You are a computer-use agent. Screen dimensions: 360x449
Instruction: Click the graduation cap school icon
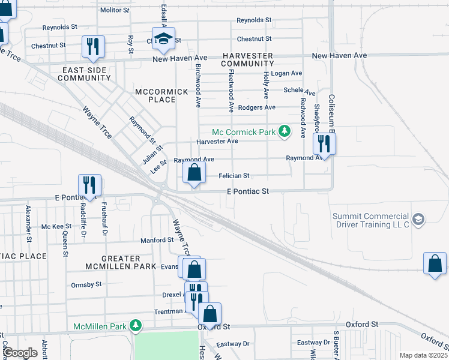(163, 39)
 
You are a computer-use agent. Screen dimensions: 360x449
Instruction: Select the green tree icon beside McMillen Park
(136, 326)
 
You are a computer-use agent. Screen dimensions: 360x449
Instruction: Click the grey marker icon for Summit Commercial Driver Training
(418, 219)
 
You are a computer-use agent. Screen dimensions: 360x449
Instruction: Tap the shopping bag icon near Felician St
(194, 173)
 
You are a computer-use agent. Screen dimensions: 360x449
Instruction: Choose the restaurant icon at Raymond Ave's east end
(324, 144)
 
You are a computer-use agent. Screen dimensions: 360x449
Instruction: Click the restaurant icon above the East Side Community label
(93, 47)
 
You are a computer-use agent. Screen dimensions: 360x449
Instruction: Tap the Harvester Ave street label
(217, 141)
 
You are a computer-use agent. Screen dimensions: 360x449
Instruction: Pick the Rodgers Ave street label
(257, 107)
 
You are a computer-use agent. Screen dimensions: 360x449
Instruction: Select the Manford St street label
(157, 240)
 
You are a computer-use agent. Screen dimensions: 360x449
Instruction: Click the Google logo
(20, 353)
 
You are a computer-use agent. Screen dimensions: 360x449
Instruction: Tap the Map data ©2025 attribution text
(423, 355)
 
